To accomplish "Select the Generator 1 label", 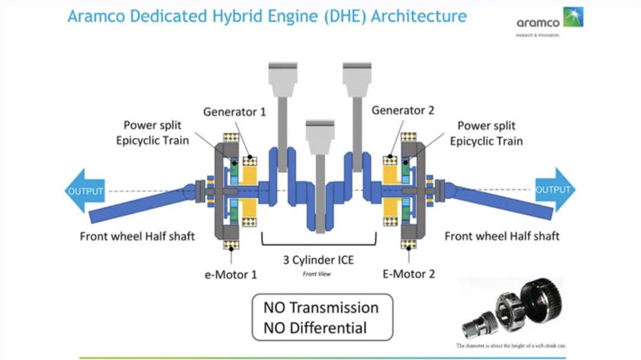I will click(234, 111).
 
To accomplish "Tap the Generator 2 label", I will click(403, 111).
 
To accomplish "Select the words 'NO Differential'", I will click(315, 329).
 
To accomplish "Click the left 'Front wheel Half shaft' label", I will click(137, 236).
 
